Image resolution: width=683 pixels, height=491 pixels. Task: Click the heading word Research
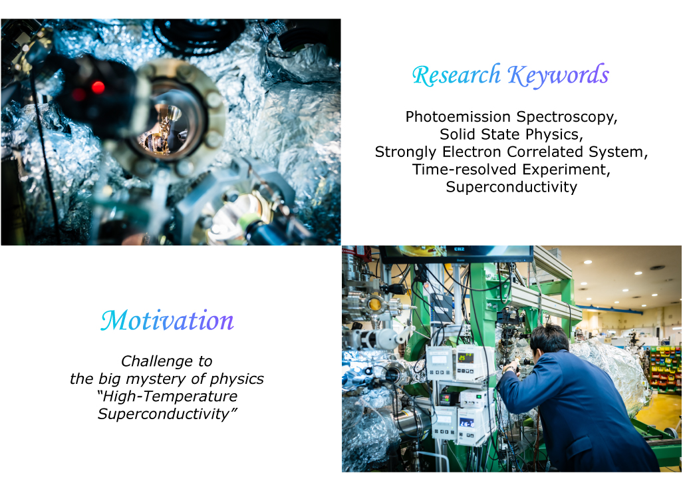point(456,75)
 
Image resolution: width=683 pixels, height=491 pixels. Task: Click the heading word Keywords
point(559,75)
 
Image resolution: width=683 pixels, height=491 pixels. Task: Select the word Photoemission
point(458,116)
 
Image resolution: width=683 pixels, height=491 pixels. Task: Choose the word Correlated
point(545,152)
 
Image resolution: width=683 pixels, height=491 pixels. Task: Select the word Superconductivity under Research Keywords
point(511,187)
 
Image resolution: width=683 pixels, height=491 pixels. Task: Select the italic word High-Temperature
point(168,397)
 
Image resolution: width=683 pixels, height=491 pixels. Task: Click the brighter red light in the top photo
point(98,87)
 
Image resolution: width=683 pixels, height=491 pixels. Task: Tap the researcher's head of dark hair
point(550,338)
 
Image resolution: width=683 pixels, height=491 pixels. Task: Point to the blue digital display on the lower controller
point(467,422)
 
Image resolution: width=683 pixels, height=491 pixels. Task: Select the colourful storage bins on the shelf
point(665,366)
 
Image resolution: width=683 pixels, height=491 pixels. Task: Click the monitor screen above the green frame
point(457,253)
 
